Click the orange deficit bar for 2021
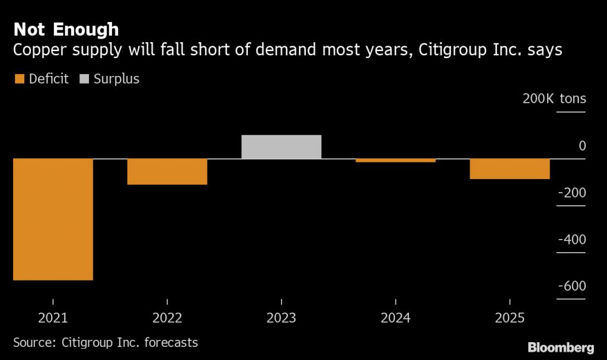click(53, 219)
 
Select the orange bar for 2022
click(167, 171)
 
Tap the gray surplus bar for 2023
click(281, 147)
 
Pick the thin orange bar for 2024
click(395, 160)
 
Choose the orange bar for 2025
click(510, 168)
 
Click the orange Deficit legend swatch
click(20, 79)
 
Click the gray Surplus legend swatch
click(84, 79)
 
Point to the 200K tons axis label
click(554, 98)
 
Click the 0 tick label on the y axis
click(582, 146)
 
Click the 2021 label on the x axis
click(53, 318)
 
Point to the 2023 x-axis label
click(281, 318)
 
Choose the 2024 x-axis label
click(395, 318)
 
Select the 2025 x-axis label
click(510, 318)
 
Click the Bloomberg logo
click(561, 346)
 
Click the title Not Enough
click(66, 29)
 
